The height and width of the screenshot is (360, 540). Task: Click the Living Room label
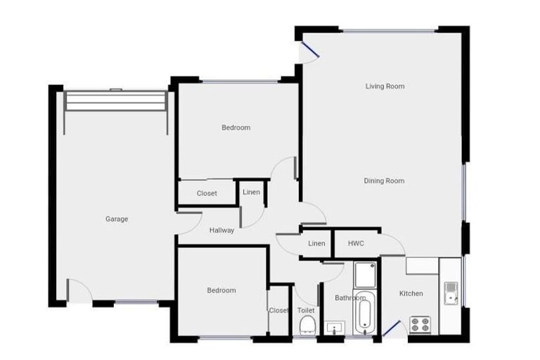click(385, 86)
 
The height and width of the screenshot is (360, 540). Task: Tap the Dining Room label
click(384, 181)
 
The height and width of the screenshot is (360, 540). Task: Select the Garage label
click(117, 219)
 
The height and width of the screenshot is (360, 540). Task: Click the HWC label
click(356, 243)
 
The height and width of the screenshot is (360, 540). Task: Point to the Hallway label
click(221, 230)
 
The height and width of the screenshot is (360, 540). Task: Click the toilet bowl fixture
click(307, 325)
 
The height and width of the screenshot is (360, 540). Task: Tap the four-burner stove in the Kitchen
click(420, 325)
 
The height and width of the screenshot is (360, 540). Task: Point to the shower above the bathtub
click(364, 275)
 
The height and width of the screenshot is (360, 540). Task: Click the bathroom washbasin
click(333, 328)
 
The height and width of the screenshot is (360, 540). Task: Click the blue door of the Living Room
click(307, 49)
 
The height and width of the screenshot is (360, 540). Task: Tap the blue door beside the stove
click(392, 328)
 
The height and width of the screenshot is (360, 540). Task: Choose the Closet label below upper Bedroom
click(207, 193)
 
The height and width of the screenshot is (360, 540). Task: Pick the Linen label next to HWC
click(316, 243)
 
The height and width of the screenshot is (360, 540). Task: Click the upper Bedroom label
click(236, 128)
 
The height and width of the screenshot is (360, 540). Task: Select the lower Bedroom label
click(221, 290)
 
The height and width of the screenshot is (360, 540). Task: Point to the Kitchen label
click(411, 293)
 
